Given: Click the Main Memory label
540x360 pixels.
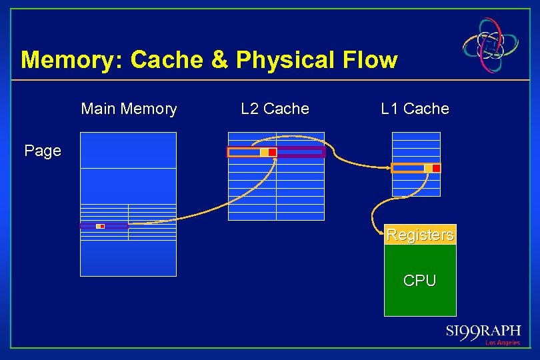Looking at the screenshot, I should click(x=129, y=109).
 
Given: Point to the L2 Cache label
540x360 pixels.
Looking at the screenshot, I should click(x=275, y=109).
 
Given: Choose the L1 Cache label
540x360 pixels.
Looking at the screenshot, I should click(x=415, y=109).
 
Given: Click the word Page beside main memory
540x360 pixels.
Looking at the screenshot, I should click(x=43, y=151).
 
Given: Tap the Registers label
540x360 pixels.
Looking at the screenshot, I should click(x=420, y=235).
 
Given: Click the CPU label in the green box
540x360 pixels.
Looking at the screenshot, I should click(x=420, y=281).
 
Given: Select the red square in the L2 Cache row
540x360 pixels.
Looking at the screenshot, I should click(x=273, y=153).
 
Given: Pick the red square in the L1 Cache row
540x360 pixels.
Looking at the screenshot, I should click(x=436, y=168).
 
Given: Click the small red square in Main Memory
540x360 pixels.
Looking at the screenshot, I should click(x=103, y=227).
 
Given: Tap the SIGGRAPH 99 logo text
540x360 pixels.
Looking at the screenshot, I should click(x=483, y=331).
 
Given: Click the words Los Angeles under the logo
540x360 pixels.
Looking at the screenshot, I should click(x=502, y=343).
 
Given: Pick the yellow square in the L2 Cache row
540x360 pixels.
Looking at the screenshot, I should click(x=264, y=153).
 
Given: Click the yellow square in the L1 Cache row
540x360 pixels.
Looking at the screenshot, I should click(x=428, y=168).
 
